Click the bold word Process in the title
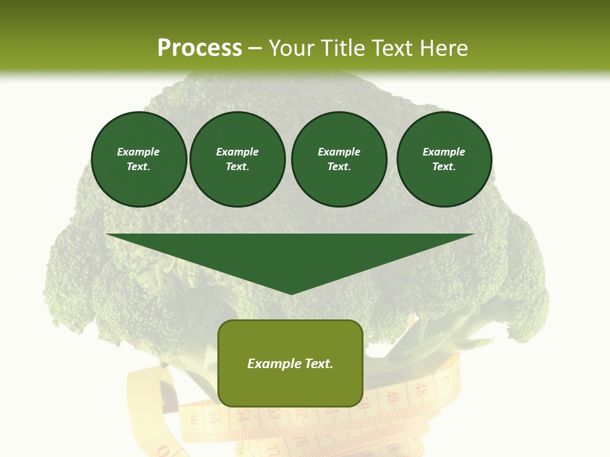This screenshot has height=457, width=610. coord(200,48)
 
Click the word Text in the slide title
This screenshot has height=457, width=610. coord(394,48)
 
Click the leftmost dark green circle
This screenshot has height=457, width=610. coord(139,159)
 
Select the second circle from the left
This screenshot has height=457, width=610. coord(238,159)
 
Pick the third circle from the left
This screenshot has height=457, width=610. coord(339,159)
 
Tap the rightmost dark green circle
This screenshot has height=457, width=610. coord(444,159)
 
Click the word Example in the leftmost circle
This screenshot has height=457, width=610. coord(139,152)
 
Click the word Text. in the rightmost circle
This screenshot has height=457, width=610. coord(444,167)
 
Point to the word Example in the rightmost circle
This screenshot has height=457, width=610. coord(444,152)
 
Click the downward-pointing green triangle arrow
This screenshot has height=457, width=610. coord(290,257)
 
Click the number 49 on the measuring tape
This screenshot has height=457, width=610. coord(392,398)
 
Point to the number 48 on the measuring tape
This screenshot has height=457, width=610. coord(420,388)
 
